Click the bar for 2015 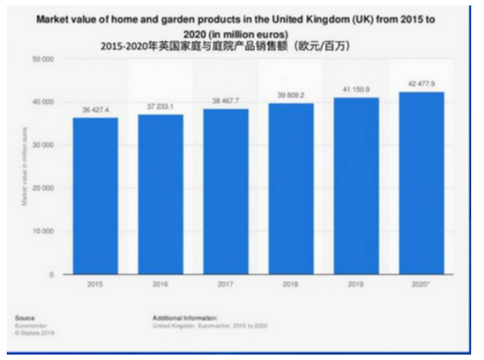(95, 196)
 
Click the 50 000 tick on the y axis (43, 59)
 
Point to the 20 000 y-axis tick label (43, 188)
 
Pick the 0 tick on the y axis (51, 274)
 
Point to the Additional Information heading (185, 317)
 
